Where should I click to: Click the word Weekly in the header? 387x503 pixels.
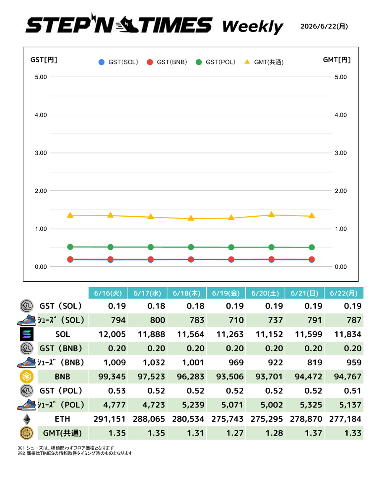(252, 27)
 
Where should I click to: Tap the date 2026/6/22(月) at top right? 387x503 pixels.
(324, 26)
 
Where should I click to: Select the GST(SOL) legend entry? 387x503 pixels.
(118, 62)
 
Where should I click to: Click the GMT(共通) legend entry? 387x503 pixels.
(264, 62)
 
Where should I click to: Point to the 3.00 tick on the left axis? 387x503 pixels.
(41, 153)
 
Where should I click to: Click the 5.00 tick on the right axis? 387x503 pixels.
(341, 77)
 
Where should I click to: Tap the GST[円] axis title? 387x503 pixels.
(44, 60)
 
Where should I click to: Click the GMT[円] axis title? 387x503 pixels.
(337, 60)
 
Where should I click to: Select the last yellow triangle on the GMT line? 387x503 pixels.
(312, 215)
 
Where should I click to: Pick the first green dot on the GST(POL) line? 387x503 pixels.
(70, 247)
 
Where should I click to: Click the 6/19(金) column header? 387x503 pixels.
(226, 293)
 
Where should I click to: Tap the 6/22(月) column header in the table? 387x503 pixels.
(344, 293)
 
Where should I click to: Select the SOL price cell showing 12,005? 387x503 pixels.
(112, 334)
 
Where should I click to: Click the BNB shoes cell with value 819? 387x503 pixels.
(314, 363)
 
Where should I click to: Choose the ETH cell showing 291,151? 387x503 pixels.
(109, 419)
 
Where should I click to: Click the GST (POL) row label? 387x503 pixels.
(61, 391)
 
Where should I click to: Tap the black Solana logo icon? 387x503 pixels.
(26, 334)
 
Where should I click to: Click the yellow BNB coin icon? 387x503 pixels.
(26, 376)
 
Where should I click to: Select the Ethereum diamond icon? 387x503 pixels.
(27, 419)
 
